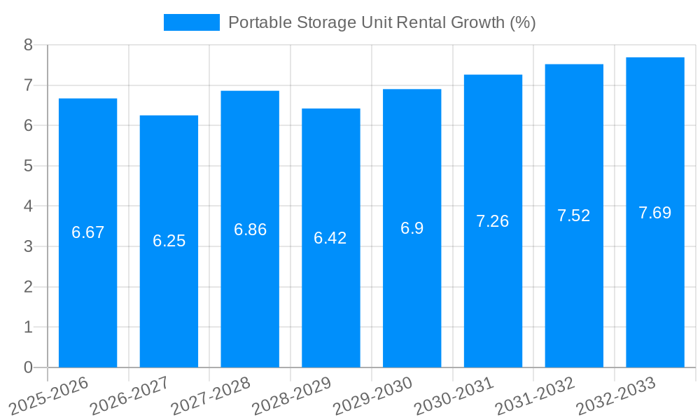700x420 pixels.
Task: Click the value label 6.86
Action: pos(250,230)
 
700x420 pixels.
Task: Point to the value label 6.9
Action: pos(412,228)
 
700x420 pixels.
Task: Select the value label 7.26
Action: pos(493,221)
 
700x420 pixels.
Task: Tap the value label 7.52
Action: pos(574,216)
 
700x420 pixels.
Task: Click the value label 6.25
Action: pos(169,241)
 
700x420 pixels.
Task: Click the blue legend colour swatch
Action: pos(191,22)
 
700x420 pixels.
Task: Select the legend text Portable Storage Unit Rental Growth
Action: pos(381,22)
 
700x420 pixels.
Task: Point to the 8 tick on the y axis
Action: pos(28,45)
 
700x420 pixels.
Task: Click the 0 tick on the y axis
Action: pos(28,367)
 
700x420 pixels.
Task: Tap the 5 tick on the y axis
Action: pos(28,166)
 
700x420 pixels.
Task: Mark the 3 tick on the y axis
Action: pos(28,246)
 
